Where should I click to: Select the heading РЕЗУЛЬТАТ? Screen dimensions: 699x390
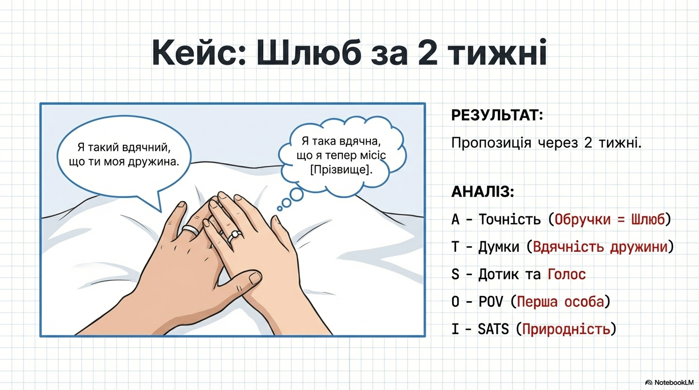point(497,115)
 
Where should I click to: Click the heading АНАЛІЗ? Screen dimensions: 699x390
point(483,191)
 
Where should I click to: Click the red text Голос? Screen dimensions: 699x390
point(567,274)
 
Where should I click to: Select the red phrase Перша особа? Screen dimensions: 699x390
point(560,302)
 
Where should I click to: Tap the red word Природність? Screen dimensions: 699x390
point(566,329)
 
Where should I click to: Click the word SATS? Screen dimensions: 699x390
point(493,329)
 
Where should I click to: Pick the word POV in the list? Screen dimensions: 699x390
point(491,302)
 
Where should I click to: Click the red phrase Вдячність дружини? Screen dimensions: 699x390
point(600,247)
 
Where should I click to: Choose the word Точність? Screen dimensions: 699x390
point(510,219)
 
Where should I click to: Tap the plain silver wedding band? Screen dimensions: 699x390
point(190,230)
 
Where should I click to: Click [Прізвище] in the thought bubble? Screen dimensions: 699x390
point(341,170)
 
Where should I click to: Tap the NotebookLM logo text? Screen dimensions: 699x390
point(674,382)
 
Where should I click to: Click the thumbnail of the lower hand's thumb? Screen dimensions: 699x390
point(256,278)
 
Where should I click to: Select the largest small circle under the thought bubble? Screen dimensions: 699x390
point(297,194)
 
